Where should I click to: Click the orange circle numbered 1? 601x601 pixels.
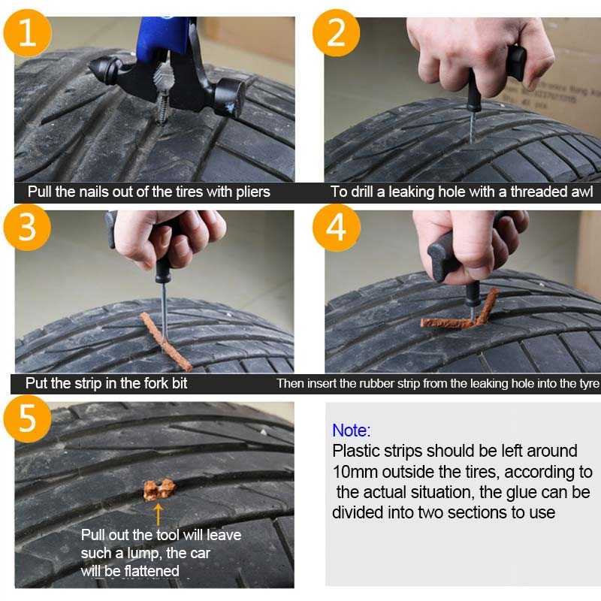(x=28, y=33)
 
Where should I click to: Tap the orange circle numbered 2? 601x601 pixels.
(x=336, y=33)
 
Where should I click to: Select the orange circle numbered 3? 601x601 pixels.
(x=27, y=228)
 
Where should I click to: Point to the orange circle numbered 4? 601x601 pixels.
(x=337, y=228)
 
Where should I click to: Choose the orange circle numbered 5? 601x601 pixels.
(x=27, y=418)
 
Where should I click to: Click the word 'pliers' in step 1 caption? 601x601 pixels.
(x=253, y=192)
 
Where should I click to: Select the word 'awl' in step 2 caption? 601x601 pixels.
(x=581, y=192)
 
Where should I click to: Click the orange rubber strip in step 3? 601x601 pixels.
(x=165, y=342)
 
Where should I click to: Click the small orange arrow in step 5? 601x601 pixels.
(x=159, y=515)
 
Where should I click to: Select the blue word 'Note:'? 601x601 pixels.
(x=352, y=430)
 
